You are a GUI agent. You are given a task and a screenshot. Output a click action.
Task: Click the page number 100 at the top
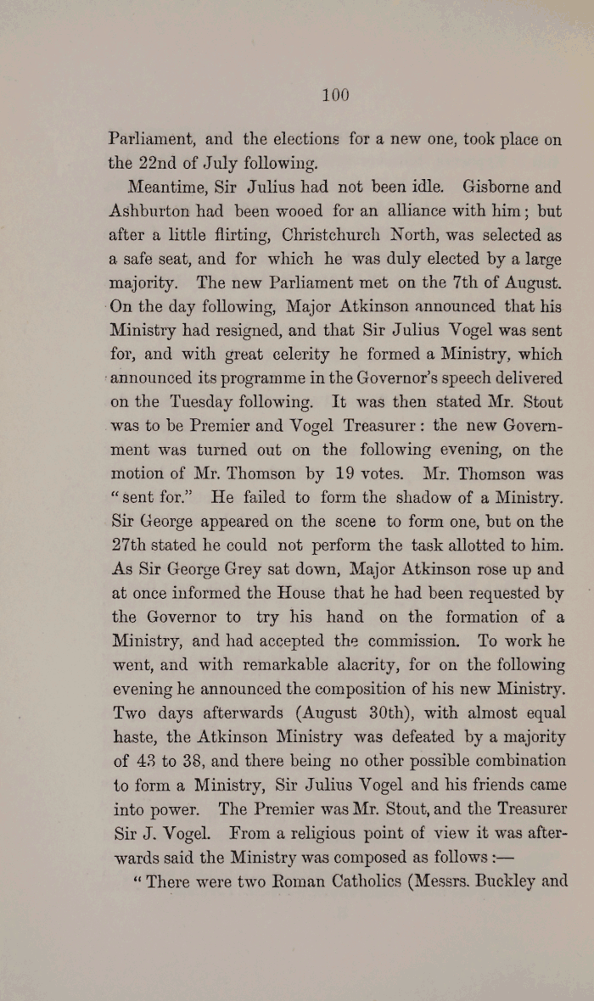335,96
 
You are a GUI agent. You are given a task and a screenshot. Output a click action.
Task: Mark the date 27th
132,545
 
